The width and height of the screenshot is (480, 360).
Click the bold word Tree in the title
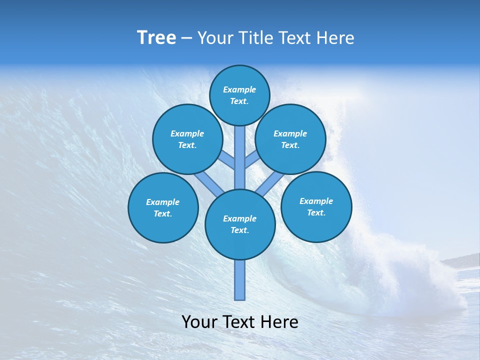pyautogui.click(x=156, y=38)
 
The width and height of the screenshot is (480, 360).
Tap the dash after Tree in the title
pyautogui.click(x=186, y=38)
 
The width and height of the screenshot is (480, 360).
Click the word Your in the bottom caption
pyautogui.click(x=200, y=322)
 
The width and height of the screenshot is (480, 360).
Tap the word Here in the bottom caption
pyautogui.click(x=280, y=322)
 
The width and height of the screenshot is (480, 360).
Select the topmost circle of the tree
pyautogui.click(x=239, y=95)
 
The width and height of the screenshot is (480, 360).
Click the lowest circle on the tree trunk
pyautogui.click(x=240, y=224)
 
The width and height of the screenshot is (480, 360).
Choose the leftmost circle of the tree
pyautogui.click(x=163, y=208)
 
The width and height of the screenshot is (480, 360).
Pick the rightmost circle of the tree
pyautogui.click(x=316, y=207)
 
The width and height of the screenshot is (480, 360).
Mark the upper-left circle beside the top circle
pyautogui.click(x=187, y=139)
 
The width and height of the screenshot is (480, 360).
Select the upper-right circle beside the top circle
pyautogui.click(x=290, y=139)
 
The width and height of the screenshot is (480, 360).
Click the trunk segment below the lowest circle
pyautogui.click(x=240, y=280)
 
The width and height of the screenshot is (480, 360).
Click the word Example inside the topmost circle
pyautogui.click(x=239, y=90)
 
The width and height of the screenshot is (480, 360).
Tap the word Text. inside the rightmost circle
pyautogui.click(x=316, y=212)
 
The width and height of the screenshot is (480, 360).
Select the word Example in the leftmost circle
pyautogui.click(x=163, y=202)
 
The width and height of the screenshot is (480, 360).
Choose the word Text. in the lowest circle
pyautogui.click(x=240, y=230)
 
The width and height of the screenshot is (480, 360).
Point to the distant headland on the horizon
pyautogui.click(x=462, y=260)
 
